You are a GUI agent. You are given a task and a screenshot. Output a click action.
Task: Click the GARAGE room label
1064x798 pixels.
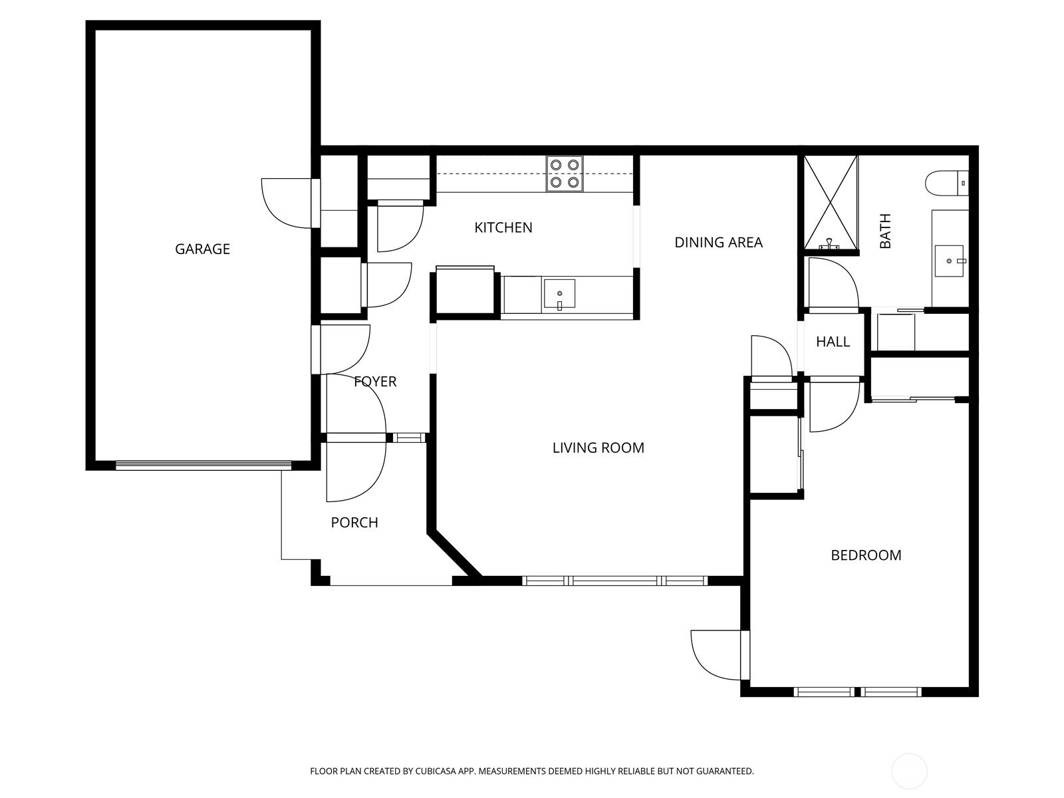point(202,249)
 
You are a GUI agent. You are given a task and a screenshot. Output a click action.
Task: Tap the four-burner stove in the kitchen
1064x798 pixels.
point(565,174)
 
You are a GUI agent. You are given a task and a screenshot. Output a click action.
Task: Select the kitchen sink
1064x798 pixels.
point(559,295)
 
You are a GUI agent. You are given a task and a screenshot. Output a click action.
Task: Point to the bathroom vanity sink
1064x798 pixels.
point(948,260)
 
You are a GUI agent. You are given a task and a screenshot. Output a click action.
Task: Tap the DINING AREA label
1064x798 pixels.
point(718,242)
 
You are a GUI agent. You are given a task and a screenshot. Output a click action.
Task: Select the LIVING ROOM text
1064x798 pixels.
point(598,448)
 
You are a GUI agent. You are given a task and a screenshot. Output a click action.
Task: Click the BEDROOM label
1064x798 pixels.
point(866,555)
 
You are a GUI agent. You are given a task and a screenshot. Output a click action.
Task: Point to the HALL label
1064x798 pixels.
point(833,342)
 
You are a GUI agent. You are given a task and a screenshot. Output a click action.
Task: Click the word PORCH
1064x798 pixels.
point(354,523)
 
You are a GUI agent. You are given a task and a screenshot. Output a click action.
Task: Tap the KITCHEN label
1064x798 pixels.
point(503,227)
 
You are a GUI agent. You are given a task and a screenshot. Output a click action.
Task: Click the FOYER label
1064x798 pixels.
point(375,381)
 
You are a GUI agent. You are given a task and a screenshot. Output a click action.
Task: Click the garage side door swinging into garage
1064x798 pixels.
point(287,203)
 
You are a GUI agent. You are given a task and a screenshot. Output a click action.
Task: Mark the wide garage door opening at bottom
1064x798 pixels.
point(203,465)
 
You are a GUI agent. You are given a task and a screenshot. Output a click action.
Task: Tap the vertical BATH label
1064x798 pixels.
point(884,231)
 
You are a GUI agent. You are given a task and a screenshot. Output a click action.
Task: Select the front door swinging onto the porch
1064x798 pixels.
point(356,469)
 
